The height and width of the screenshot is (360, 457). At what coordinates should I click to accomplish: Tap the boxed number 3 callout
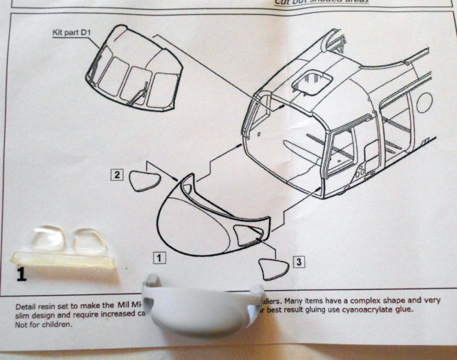(x=300, y=261)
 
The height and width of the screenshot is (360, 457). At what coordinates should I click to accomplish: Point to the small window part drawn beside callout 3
(x=271, y=269)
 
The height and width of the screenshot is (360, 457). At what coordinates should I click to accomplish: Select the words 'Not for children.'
(x=44, y=323)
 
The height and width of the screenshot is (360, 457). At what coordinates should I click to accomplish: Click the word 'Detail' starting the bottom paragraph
(x=27, y=306)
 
